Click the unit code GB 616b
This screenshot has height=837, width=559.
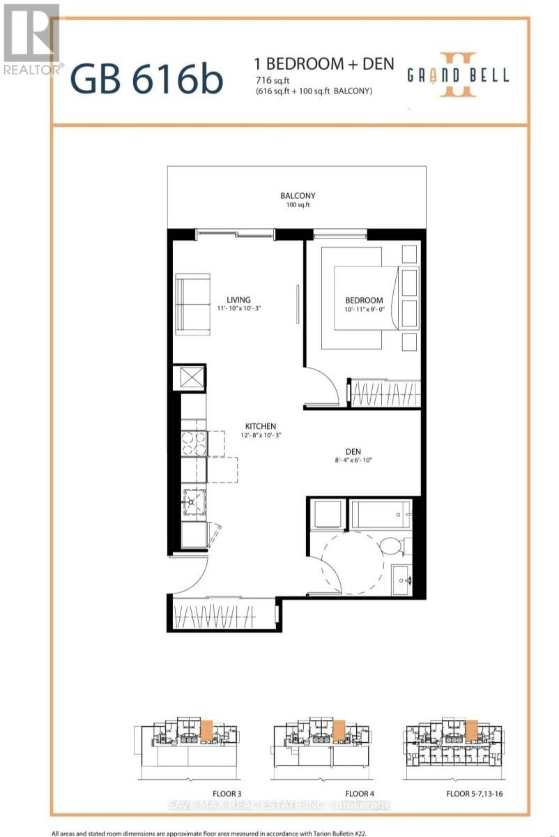pyautogui.click(x=146, y=80)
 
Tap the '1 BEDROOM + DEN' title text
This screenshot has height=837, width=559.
pyautogui.click(x=324, y=64)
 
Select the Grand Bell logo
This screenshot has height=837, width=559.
pyautogui.click(x=458, y=75)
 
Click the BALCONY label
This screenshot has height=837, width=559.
pyautogui.click(x=298, y=195)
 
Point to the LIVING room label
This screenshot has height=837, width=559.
pyautogui.click(x=238, y=300)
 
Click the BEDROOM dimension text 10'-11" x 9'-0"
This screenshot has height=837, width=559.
pyautogui.click(x=364, y=310)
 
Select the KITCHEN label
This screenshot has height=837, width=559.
pyautogui.click(x=261, y=426)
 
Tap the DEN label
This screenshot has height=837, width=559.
pyautogui.click(x=353, y=451)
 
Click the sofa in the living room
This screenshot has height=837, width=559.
pyautogui.click(x=192, y=302)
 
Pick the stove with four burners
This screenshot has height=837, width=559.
pyautogui.click(x=194, y=444)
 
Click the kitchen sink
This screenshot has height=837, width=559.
pyautogui.click(x=194, y=502)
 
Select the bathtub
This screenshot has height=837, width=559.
pyautogui.click(x=381, y=515)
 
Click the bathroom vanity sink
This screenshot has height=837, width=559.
pyautogui.click(x=401, y=580)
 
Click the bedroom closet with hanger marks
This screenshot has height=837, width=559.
pyautogui.click(x=386, y=393)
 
